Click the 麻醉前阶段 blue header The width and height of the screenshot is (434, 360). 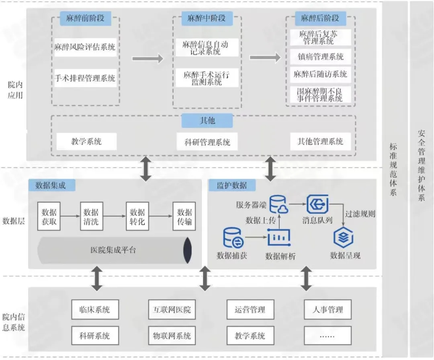coord(85,18)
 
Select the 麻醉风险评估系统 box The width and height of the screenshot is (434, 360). coord(85,47)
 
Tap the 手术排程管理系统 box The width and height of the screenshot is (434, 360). coord(85,78)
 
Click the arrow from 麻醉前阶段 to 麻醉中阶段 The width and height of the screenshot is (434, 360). coord(147,59)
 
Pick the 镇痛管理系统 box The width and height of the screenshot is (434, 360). coord(320,57)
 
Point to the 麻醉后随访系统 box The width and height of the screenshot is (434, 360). coord(320,74)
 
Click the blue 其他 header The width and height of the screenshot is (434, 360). coord(207,121)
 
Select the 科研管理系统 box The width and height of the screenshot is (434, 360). coord(207,142)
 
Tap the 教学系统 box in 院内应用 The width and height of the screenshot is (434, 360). coord(86,141)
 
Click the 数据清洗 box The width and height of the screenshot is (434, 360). coord(91,217)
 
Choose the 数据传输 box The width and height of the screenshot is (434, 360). coord(184,217)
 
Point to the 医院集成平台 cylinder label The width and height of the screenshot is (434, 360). coord(113,250)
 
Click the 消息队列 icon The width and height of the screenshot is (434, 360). coord(317,204)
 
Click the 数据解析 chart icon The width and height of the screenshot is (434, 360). coord(279,238)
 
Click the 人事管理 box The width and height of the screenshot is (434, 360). coord(328,310)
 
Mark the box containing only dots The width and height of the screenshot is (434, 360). coord(328,335)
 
